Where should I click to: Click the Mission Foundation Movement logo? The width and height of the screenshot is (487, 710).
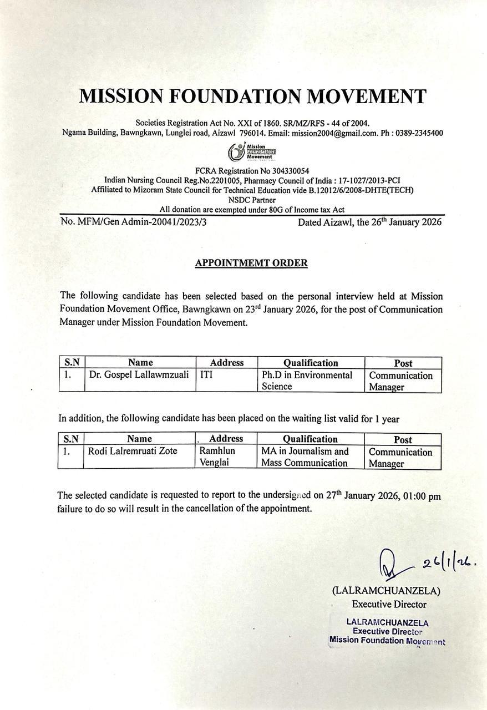tap(252, 151)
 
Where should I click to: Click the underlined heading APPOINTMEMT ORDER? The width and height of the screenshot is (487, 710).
tap(251, 263)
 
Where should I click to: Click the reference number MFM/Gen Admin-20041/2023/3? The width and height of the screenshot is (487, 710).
tap(141, 222)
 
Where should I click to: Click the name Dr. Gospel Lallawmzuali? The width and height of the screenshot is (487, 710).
tap(139, 376)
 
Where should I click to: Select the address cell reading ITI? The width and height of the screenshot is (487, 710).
tap(206, 376)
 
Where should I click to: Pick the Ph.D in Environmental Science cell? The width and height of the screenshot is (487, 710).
tap(307, 381)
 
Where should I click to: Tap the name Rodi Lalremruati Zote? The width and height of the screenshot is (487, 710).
tap(133, 452)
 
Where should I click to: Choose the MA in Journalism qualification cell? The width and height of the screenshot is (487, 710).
tap(305, 457)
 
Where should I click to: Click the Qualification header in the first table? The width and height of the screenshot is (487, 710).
tap(310, 363)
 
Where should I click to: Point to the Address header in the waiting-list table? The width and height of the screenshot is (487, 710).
tap(226, 439)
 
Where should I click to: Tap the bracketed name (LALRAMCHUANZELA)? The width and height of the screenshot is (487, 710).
tap(386, 591)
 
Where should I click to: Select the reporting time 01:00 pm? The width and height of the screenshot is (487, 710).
tap(422, 496)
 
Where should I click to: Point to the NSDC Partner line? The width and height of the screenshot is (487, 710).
tap(251, 200)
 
